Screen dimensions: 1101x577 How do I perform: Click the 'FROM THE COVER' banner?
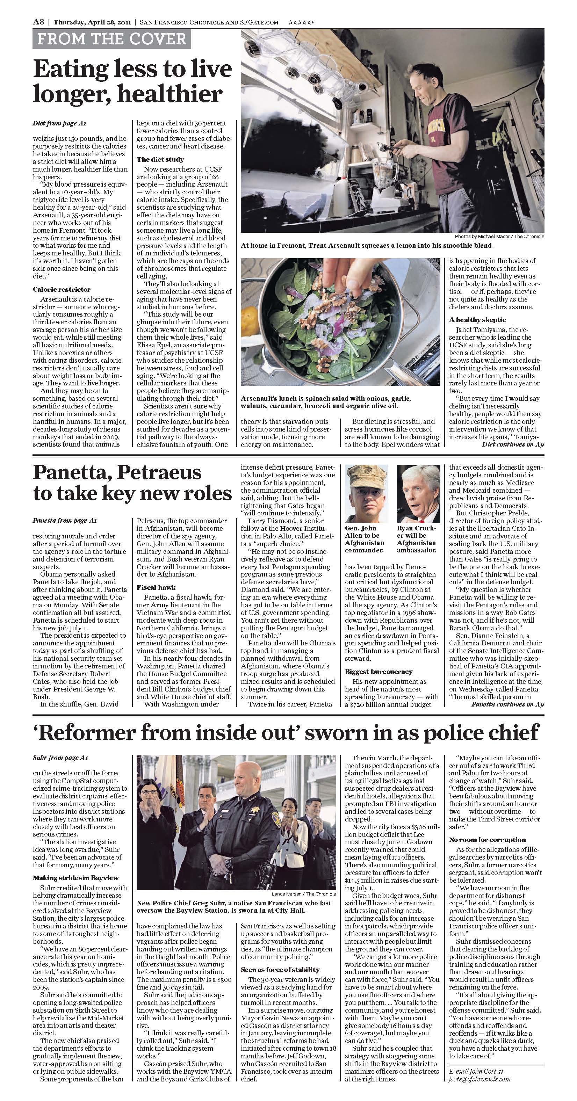pos(111,39)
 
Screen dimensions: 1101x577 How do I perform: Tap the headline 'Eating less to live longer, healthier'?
pos(132,81)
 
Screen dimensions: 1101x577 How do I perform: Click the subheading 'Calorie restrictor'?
pos(62,289)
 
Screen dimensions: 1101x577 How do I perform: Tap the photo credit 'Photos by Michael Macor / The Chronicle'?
pos(499,236)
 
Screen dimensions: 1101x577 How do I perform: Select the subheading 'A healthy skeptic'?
pos(477,320)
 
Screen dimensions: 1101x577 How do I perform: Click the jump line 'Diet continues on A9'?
pos(512,444)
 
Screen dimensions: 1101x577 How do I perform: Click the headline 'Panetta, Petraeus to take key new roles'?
pos(132,483)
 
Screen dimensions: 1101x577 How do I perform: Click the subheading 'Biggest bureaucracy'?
pos(379,672)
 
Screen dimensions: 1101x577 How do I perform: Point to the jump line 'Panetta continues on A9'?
pos(507,704)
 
